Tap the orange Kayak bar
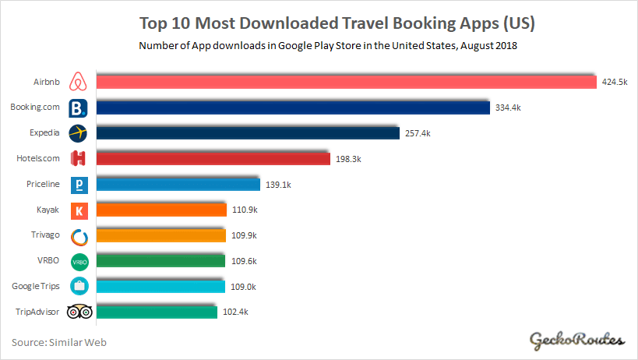click(x=160, y=210)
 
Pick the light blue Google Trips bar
click(x=160, y=286)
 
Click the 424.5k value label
click(x=614, y=82)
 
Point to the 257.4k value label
click(x=417, y=133)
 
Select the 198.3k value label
click(x=347, y=159)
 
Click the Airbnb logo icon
click(x=78, y=82)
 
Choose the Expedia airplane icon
click(x=78, y=133)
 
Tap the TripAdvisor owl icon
click(x=79, y=312)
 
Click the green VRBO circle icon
click(x=79, y=261)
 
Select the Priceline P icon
click(x=79, y=185)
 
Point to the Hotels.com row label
click(x=37, y=159)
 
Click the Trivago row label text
click(x=44, y=235)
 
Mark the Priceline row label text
click(x=43, y=185)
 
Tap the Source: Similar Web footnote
click(x=58, y=341)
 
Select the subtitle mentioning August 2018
click(x=328, y=46)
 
